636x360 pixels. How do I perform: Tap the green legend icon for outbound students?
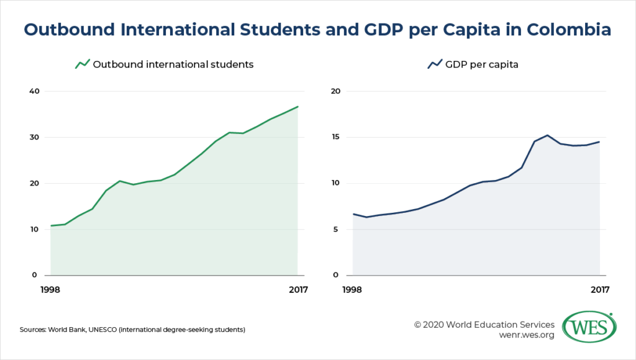(83, 64)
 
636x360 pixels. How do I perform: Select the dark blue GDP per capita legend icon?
(435, 64)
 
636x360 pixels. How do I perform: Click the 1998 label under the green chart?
(51, 289)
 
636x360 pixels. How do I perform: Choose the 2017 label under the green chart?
(297, 289)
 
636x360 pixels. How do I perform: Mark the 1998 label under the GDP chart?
(352, 289)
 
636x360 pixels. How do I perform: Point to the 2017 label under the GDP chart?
(599, 289)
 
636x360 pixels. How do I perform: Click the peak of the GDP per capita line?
(547, 135)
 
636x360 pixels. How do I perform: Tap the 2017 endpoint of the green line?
(298, 107)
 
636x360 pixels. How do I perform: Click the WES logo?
(589, 326)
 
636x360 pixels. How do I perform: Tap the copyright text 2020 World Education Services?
(484, 324)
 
